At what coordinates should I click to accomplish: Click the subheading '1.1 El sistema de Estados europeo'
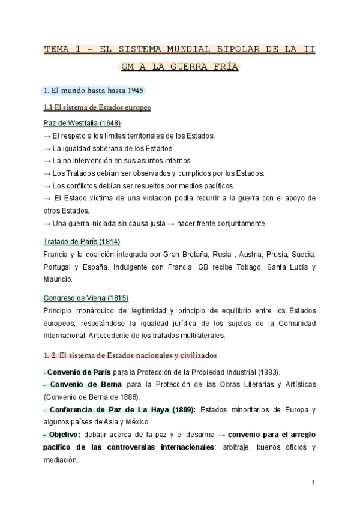(x=97, y=108)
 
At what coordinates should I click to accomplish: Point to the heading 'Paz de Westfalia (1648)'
(x=82, y=124)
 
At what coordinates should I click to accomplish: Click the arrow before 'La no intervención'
(x=47, y=161)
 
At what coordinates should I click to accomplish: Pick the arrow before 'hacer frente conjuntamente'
(x=171, y=224)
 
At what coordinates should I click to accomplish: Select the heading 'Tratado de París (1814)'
(x=82, y=242)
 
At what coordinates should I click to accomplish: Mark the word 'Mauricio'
(x=58, y=280)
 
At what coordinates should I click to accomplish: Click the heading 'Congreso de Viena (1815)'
(x=86, y=298)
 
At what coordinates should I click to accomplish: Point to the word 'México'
(x=137, y=422)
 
